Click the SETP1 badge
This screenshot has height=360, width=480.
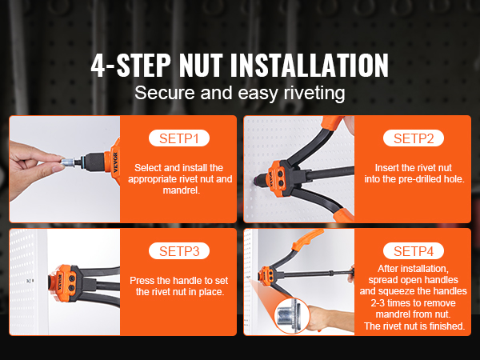pos(179,138)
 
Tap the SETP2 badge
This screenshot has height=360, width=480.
pos(414,138)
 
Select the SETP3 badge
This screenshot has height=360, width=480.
pos(179,251)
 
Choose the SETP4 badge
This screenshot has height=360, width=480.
pos(414,251)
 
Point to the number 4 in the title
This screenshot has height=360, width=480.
pos(98,66)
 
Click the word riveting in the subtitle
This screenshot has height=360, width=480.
pos(314,93)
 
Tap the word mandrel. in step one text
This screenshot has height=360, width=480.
pos(182,190)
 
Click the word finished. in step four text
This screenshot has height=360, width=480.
pos(447,326)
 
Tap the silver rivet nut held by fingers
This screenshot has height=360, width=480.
pos(68,162)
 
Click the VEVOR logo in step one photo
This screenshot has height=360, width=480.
pos(115,162)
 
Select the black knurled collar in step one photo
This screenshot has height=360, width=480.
pos(94,162)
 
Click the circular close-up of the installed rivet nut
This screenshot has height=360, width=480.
pos(292,316)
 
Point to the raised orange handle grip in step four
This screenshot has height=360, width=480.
pos(307,239)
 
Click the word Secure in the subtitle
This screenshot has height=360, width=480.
pos(165,93)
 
